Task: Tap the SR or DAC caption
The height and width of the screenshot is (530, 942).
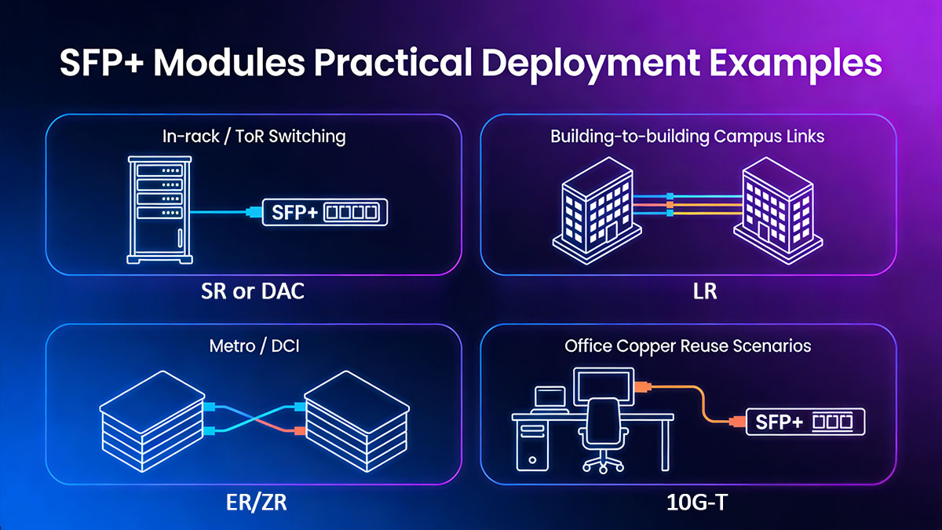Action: coord(252,292)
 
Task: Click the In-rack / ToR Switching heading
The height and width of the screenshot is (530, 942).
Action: coord(253,136)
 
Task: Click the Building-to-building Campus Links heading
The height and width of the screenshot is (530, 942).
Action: coord(688,136)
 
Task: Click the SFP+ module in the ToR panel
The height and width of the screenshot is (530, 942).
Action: coord(324,212)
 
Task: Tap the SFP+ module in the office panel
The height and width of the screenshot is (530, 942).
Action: coord(804,422)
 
